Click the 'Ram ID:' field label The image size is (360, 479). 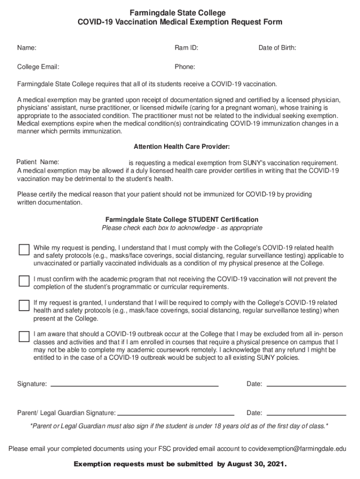pos(187,48)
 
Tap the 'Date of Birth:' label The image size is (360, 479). pos(277,48)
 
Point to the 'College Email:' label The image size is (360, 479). pos(38,67)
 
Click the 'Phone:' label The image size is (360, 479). pos(185,67)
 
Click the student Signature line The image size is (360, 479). pos(134,385)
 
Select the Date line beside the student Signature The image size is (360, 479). pos(306,385)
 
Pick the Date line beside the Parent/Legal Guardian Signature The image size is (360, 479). pos(306,414)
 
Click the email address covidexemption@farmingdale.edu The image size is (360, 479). pos(297,449)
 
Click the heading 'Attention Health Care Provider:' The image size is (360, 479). pos(182,147)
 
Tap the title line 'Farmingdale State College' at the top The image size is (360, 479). pos(180,13)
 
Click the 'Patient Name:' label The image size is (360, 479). pos(37,162)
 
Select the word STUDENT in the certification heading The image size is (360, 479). pos(204,219)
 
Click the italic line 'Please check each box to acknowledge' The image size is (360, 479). pos(182,228)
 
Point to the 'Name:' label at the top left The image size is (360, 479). pos(27,48)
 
